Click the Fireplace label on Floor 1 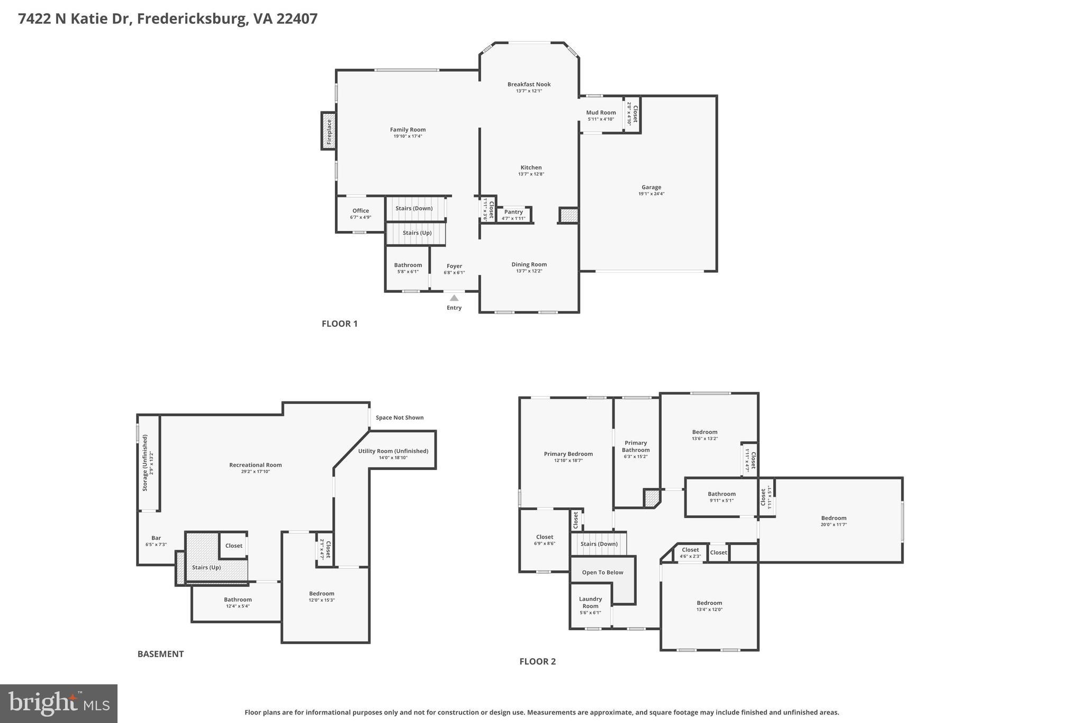[329, 131]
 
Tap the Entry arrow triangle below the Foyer [454, 298]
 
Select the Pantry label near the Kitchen [513, 212]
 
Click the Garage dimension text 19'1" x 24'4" [651, 194]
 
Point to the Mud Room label [601, 112]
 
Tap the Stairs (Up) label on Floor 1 [417, 233]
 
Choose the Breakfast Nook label [529, 84]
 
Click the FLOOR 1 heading [340, 324]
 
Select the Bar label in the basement [156, 538]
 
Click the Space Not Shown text [400, 417]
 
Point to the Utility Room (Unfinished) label [393, 451]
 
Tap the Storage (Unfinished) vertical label [145, 462]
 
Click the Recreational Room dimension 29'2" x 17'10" [255, 471]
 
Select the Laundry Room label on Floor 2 [590, 602]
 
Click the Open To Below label [602, 572]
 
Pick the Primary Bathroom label [636, 447]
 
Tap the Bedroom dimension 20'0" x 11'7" [834, 524]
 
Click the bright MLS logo [59, 703]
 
